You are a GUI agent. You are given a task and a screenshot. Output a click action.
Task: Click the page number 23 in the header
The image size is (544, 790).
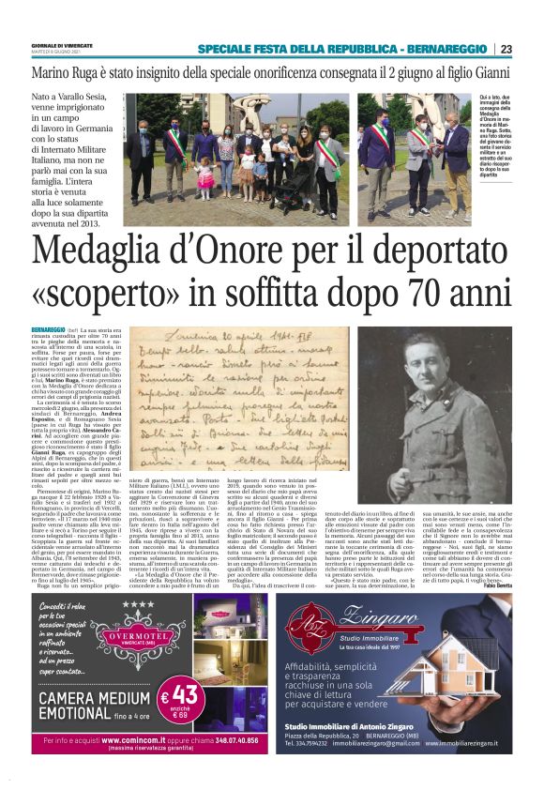532,49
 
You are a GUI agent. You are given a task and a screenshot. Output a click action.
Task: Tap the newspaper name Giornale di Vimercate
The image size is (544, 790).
63,46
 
